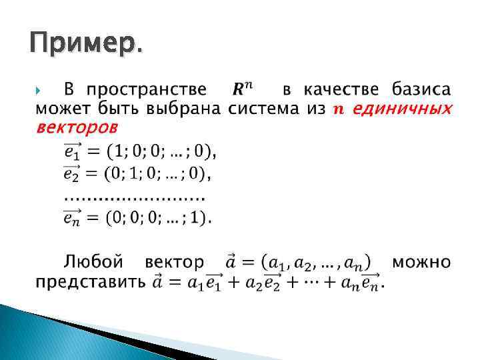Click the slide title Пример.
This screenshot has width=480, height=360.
point(85,45)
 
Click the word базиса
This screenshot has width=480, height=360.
point(421,89)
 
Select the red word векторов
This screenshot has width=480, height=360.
point(76,127)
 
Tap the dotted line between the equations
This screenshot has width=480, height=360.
point(133,197)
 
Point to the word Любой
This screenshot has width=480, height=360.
point(94,261)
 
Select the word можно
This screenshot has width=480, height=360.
point(421,261)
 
